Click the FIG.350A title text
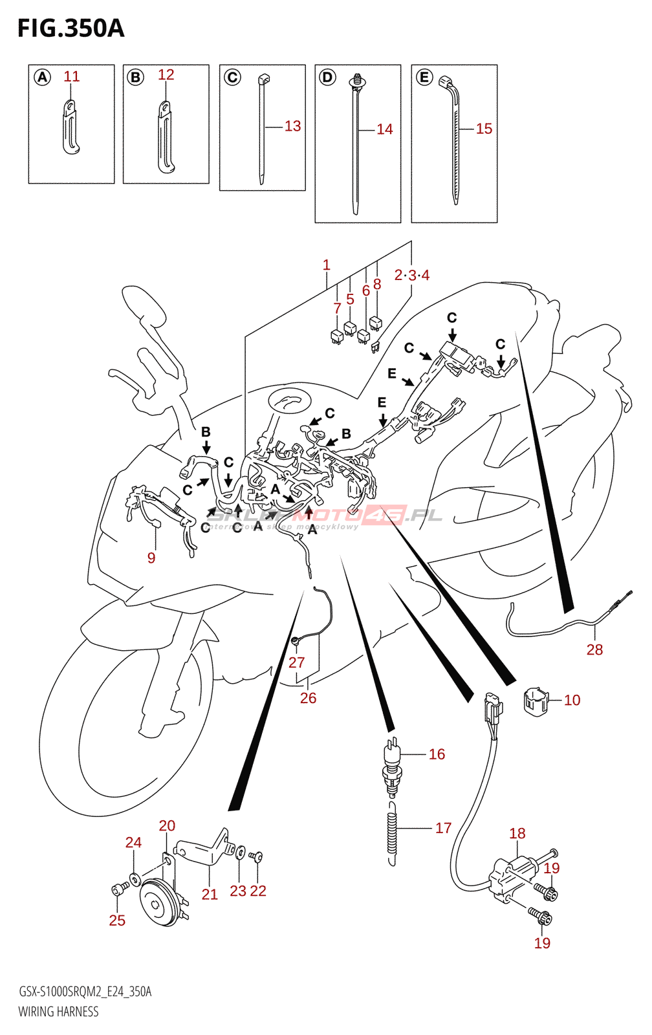click(x=71, y=28)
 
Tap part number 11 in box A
click(x=71, y=76)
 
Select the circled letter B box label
click(x=135, y=78)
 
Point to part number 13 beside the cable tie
click(x=292, y=126)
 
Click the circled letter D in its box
click(x=328, y=78)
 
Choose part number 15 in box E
click(x=484, y=129)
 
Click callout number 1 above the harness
click(x=327, y=265)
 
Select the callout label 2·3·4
click(x=412, y=276)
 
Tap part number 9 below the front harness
click(x=151, y=558)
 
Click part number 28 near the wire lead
click(x=594, y=649)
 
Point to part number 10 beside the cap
click(x=572, y=700)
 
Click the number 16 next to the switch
click(x=437, y=754)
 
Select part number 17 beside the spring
click(x=443, y=828)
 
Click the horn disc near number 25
click(x=158, y=902)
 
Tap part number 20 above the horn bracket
click(x=167, y=826)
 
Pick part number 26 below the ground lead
click(x=308, y=698)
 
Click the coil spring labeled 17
click(x=391, y=833)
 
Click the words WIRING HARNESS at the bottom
click(x=58, y=1012)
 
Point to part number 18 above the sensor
click(x=517, y=833)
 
